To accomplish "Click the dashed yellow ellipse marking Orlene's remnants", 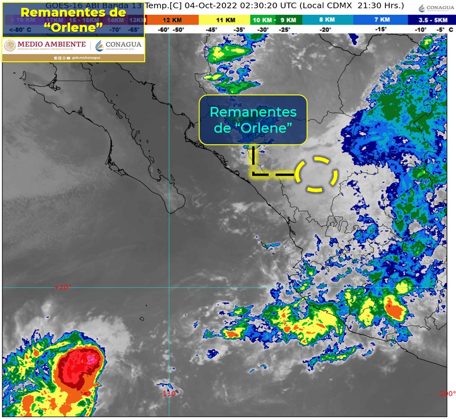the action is (316, 174).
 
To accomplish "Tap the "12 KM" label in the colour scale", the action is (172, 20).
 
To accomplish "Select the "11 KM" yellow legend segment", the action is (225, 20).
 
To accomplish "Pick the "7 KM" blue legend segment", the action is (381, 20).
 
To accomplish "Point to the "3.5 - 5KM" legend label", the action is (432, 20).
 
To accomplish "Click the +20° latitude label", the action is (63, 287).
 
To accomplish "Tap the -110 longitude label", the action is (168, 394).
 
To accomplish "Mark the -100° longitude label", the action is (446, 394).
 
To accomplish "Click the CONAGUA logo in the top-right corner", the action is (437, 8).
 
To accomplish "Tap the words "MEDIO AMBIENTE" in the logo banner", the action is (52, 44).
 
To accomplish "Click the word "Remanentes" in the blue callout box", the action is (253, 112).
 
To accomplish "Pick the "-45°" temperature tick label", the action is (212, 30).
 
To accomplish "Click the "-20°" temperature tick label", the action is (326, 30).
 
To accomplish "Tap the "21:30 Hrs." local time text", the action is (381, 6).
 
